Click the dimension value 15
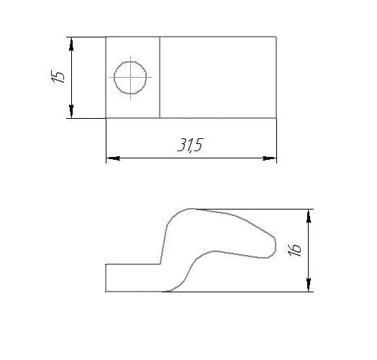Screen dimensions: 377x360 (58, 76)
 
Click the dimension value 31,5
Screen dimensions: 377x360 (191, 145)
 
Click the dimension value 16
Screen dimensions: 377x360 (294, 250)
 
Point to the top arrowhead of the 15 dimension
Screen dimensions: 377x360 (71, 45)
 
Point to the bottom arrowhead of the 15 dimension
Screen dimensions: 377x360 (71, 111)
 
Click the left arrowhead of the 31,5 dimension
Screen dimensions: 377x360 (114, 158)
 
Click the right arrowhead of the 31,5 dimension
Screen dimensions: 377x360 (269, 158)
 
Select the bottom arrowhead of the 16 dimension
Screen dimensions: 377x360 (309, 284)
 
